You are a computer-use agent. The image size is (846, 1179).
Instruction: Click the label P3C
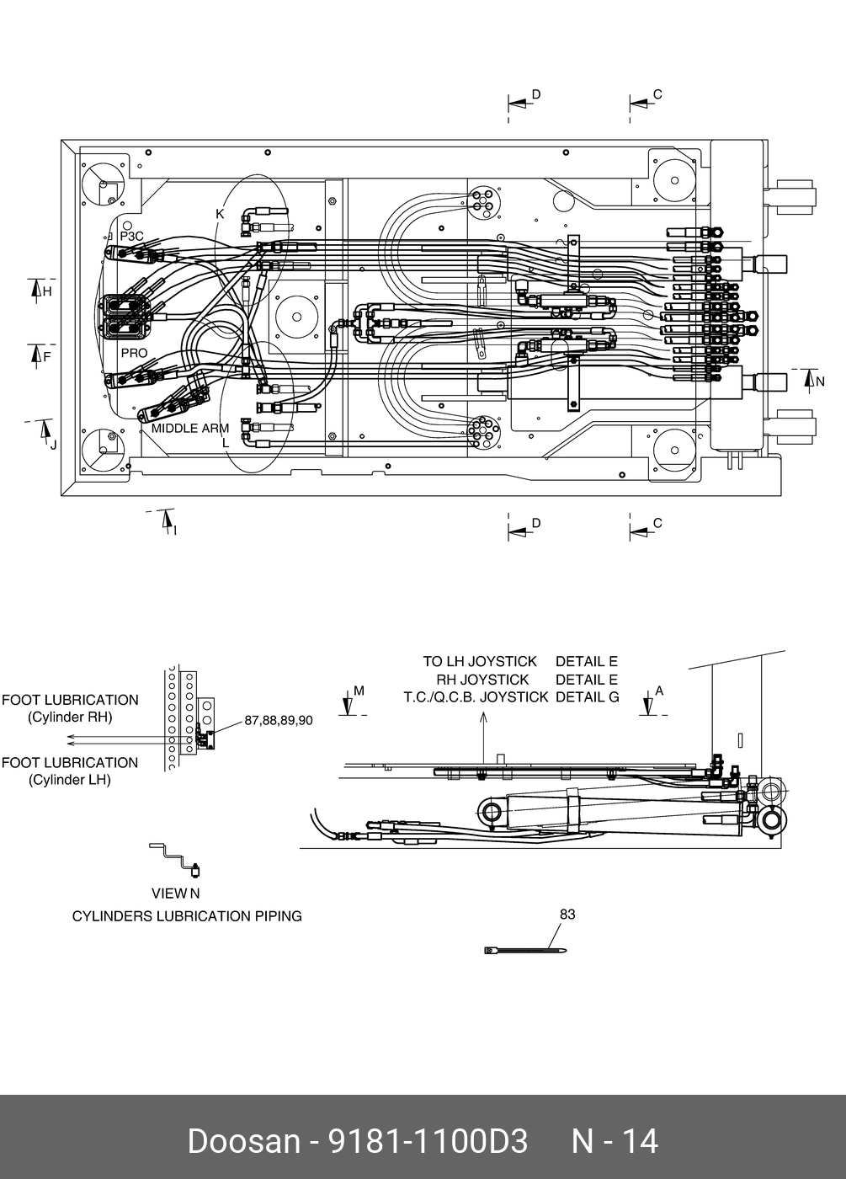click(132, 237)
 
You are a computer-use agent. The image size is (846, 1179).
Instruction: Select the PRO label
click(134, 353)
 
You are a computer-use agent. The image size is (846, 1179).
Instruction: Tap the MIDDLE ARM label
click(190, 428)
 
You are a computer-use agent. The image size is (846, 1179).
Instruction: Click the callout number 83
click(567, 914)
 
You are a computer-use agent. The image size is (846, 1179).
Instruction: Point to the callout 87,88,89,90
click(279, 720)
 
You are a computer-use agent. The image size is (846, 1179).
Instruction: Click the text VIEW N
click(175, 894)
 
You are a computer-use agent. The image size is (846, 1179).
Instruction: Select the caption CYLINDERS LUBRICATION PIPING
click(187, 916)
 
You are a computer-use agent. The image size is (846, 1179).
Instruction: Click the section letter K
click(220, 214)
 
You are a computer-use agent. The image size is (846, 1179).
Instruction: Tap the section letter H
click(47, 291)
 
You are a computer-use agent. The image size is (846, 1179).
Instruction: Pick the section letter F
click(47, 356)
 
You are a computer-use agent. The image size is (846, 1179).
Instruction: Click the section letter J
click(53, 444)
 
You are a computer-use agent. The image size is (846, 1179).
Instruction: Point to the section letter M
click(359, 691)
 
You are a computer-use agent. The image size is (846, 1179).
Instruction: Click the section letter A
click(659, 691)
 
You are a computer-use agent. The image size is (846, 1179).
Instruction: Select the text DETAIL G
click(587, 697)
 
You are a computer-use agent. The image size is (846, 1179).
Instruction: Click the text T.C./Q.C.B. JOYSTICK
click(476, 697)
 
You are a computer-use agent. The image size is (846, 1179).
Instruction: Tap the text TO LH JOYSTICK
click(479, 662)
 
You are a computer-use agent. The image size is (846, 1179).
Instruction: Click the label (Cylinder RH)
click(70, 718)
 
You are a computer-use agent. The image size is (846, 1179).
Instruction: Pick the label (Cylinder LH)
click(70, 780)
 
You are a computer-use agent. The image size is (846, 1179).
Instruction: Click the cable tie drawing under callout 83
click(526, 951)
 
